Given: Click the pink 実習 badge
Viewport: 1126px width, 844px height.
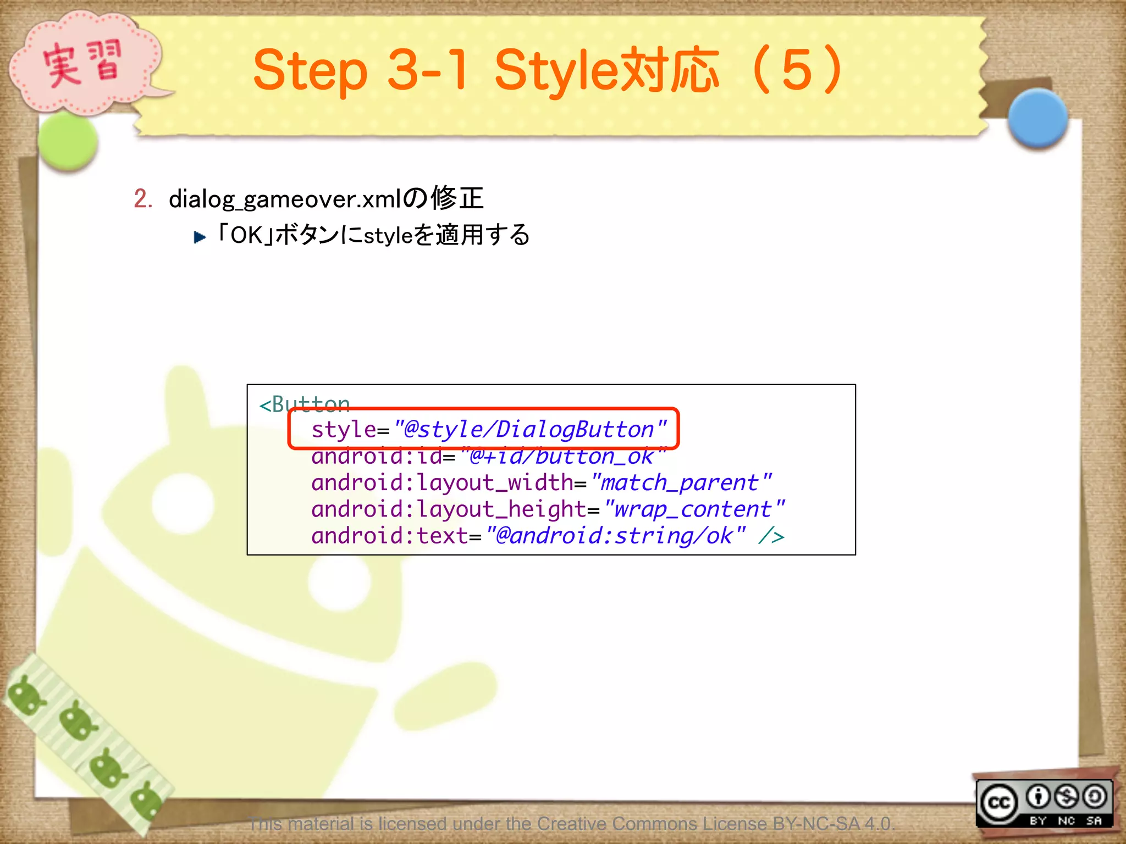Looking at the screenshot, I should [x=82, y=63].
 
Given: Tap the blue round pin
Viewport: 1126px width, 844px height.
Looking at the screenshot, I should [x=1037, y=118].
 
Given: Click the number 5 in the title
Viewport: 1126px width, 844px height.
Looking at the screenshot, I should [x=797, y=70].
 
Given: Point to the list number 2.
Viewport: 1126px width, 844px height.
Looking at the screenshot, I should [x=142, y=199].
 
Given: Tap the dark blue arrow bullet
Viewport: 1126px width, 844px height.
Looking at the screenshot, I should [x=200, y=237].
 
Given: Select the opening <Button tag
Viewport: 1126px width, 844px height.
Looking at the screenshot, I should [x=304, y=404].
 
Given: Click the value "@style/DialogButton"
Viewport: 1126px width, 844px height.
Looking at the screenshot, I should [x=529, y=429].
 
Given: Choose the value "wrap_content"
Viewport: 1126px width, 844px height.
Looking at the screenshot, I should [x=693, y=509].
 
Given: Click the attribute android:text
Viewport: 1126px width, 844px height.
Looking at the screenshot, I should [x=389, y=536].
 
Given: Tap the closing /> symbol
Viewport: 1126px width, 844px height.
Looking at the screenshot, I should [x=771, y=536].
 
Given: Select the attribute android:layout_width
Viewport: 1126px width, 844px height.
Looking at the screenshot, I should [x=443, y=483].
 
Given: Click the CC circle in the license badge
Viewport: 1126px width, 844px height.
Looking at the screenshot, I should [x=999, y=803].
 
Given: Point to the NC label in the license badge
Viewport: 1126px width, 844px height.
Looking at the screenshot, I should [x=1066, y=820].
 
